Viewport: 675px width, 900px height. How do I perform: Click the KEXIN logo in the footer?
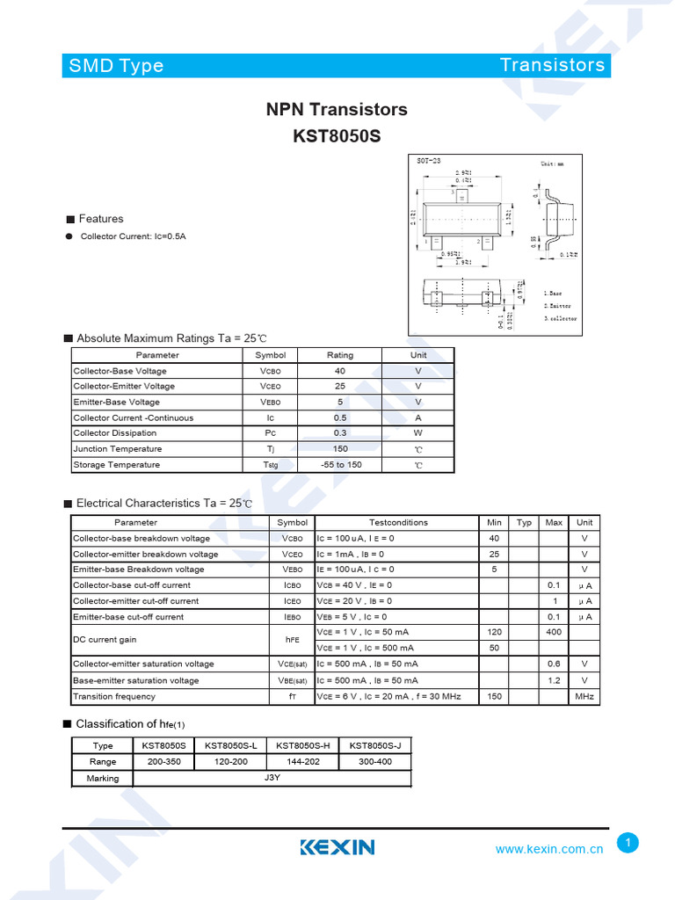pos(337,847)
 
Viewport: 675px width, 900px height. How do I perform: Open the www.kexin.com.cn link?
pos(548,849)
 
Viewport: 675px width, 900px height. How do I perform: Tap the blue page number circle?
pos(628,843)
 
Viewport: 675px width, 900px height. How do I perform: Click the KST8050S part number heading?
pos(337,137)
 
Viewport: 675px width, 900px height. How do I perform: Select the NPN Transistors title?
pos(337,110)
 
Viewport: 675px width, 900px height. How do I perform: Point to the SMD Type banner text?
pos(116,65)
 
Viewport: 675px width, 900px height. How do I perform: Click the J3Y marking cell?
pos(272,778)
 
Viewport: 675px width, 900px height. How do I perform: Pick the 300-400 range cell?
pos(375,762)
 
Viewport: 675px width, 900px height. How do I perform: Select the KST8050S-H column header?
pos(302,745)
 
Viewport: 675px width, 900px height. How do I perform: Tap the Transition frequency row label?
pos(114,697)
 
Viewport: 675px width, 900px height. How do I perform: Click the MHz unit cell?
pos(584,697)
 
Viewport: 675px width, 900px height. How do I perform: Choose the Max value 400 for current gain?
pos(554,633)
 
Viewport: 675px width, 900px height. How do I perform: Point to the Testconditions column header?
pos(398,522)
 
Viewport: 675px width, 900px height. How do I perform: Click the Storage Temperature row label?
pos(117,465)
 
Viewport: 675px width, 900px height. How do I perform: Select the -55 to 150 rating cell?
pos(340,465)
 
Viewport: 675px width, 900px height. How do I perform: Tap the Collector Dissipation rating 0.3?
pos(340,433)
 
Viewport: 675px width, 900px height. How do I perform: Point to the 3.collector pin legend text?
pos(560,318)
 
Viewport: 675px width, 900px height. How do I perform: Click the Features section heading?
pos(101,219)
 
